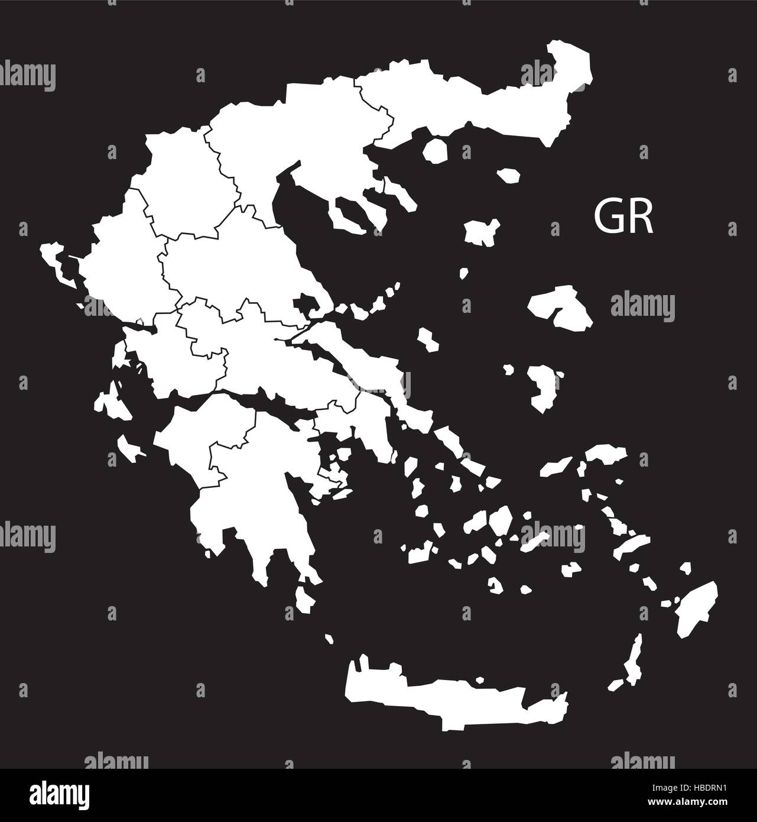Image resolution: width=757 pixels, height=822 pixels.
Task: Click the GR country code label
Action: (623, 218)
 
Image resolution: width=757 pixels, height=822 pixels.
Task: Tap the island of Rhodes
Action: (697, 609)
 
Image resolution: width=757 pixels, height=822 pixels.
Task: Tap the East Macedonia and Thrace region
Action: (473, 101)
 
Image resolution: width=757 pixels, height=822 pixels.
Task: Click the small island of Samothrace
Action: (508, 176)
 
